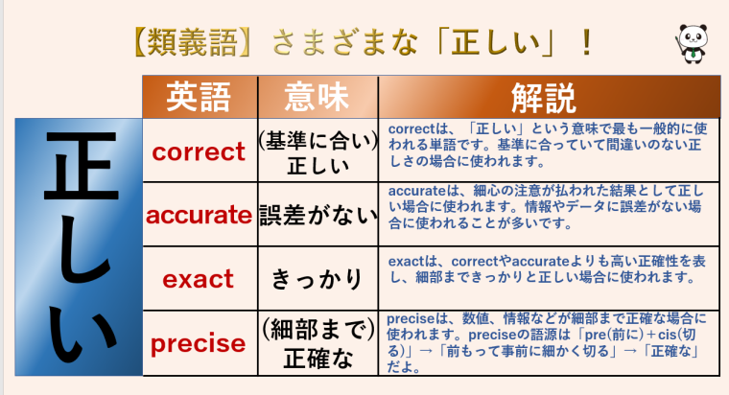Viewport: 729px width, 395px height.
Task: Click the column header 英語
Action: click(x=199, y=97)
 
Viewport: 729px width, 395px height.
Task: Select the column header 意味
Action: click(x=317, y=97)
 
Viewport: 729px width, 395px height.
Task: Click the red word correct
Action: click(x=199, y=151)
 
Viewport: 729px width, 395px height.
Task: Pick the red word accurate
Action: click(x=199, y=216)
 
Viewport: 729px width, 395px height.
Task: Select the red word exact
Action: click(x=199, y=279)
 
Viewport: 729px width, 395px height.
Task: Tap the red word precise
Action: click(x=199, y=342)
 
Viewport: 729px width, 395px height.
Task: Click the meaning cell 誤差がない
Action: click(x=318, y=216)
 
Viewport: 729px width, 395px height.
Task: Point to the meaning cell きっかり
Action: click(x=318, y=279)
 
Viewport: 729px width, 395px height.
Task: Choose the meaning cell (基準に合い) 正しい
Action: click(x=318, y=151)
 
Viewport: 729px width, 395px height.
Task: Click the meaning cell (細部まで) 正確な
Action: click(x=318, y=342)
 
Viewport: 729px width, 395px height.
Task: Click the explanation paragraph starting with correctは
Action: click(x=545, y=145)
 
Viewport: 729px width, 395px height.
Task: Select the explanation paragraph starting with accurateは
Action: click(x=545, y=209)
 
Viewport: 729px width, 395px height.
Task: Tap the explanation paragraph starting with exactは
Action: click(x=545, y=268)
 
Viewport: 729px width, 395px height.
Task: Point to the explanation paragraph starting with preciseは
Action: click(x=545, y=341)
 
